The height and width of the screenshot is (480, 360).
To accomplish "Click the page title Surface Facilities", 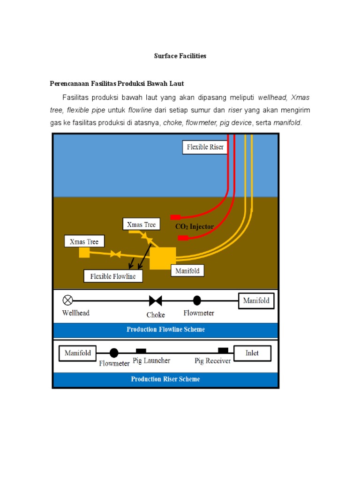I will [x=180, y=56].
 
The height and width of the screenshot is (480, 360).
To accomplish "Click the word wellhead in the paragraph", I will [x=272, y=97].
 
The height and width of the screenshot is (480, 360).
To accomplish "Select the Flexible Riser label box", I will [x=205, y=147].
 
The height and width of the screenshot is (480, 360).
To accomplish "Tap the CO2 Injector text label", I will [x=194, y=226].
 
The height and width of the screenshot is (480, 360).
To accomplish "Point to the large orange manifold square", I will [x=163, y=258].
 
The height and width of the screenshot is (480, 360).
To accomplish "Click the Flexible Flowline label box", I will [x=113, y=276].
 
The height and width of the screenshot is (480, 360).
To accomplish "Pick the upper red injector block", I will [x=175, y=217].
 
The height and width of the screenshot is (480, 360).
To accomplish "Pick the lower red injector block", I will [x=183, y=238].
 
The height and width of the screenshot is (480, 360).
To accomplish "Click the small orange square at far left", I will [x=84, y=253].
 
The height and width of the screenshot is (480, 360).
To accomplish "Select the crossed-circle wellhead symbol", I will [x=68, y=300].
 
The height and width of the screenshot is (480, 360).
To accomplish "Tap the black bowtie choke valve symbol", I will [x=155, y=300].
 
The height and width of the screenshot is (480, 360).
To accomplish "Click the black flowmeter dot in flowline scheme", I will [x=197, y=300].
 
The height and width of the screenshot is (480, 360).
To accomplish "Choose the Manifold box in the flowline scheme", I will [x=256, y=300].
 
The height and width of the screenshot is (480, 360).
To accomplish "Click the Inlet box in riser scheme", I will [x=252, y=353].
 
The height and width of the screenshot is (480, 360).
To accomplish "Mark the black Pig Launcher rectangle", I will [x=141, y=350].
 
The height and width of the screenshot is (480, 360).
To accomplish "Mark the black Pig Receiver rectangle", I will [x=223, y=350].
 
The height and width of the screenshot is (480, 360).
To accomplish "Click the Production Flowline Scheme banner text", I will [x=165, y=330].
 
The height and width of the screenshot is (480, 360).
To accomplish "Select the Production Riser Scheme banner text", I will [x=165, y=379].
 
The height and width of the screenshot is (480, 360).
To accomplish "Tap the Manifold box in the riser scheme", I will [x=78, y=353].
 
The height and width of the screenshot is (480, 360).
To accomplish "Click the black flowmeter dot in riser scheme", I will [x=114, y=353].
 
